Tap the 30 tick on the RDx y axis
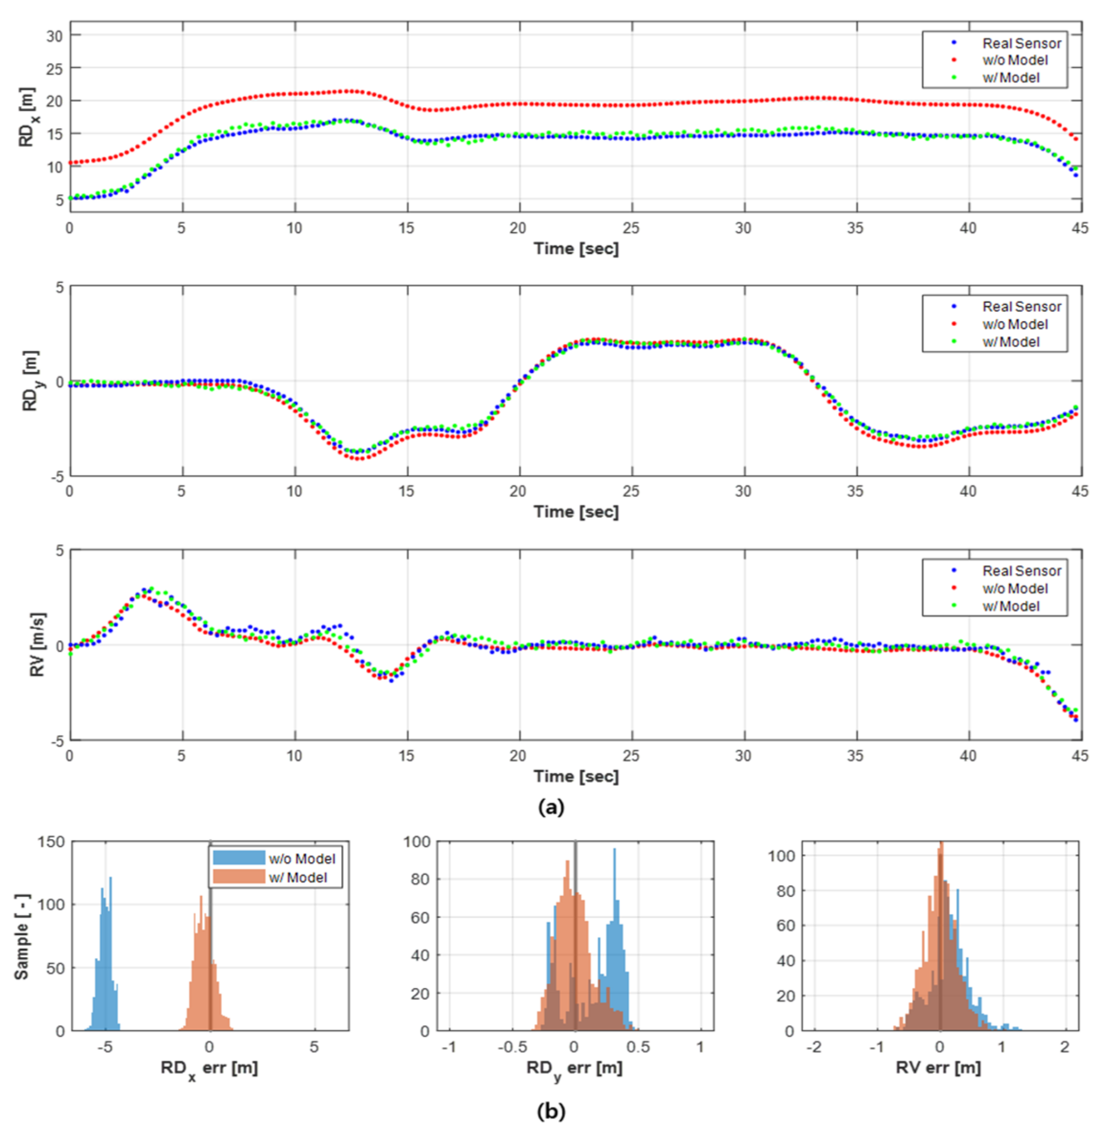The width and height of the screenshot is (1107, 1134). tap(54, 36)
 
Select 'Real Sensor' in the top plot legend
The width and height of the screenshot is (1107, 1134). tap(1021, 44)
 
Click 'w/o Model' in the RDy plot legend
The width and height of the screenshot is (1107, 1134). tap(1014, 324)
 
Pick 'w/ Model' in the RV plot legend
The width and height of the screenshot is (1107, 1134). tap(1011, 606)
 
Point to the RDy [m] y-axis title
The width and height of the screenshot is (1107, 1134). tap(30, 381)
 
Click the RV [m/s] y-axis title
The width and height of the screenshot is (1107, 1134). tap(36, 644)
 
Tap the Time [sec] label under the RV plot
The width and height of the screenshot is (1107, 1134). tap(576, 776)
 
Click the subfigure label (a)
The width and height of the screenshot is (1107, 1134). tap(551, 807)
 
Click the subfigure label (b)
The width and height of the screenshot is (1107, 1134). tap(551, 1111)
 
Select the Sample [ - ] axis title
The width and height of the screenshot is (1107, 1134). tap(22, 936)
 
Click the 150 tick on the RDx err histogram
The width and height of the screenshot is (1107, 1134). tap(51, 841)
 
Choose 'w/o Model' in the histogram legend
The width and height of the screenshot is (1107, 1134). tap(302, 858)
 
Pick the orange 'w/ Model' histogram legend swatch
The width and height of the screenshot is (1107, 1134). tap(238, 877)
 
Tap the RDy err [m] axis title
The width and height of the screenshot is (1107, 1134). tap(574, 1068)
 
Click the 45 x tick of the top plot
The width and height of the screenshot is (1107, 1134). tap(1080, 228)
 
